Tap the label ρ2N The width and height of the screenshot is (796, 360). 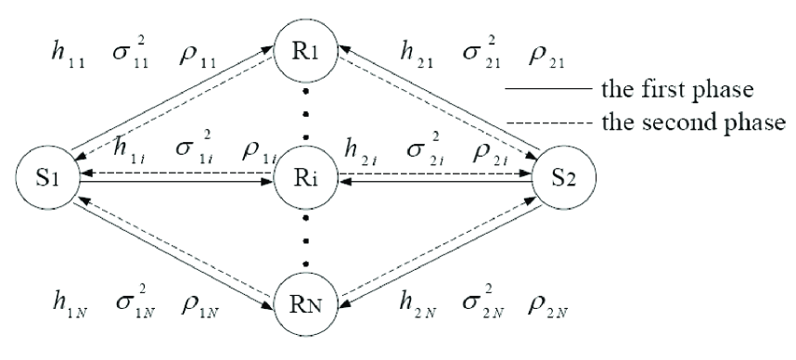pos(546,304)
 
